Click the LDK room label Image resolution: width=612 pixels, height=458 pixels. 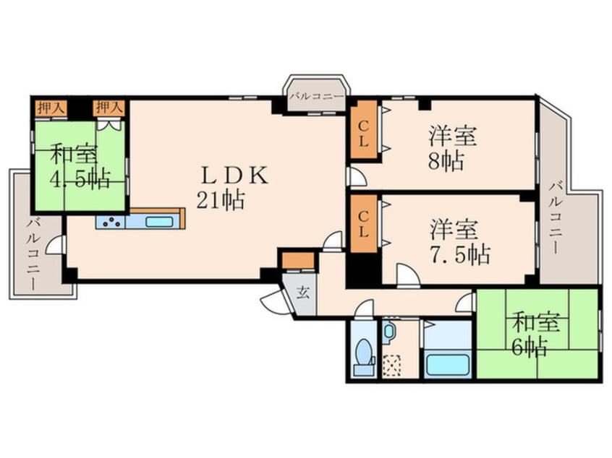click(234, 175)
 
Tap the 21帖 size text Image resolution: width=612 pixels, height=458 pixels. click(221, 200)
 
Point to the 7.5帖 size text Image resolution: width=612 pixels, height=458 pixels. click(460, 254)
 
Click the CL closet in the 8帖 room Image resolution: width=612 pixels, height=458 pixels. click(363, 130)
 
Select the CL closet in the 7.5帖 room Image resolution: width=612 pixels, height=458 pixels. click(363, 224)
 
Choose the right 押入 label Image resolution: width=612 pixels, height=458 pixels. click(109, 108)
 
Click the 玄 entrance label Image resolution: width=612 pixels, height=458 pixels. click(302, 292)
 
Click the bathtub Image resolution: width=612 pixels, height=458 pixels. click(448, 365)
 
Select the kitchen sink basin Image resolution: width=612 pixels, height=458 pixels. click(159, 222)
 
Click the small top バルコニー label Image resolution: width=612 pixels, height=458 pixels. click(317, 95)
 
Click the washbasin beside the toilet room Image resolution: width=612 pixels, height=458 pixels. click(388, 332)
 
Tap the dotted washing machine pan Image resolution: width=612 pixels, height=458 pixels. click(391, 366)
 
